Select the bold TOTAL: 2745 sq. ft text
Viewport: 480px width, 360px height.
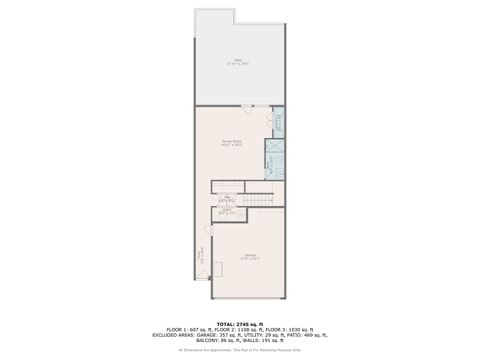240,322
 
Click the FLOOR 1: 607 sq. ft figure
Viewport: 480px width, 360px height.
190,328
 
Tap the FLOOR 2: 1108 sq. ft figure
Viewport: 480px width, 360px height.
240,328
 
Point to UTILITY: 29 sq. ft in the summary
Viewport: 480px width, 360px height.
264,333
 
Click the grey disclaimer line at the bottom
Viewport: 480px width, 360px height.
240,349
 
